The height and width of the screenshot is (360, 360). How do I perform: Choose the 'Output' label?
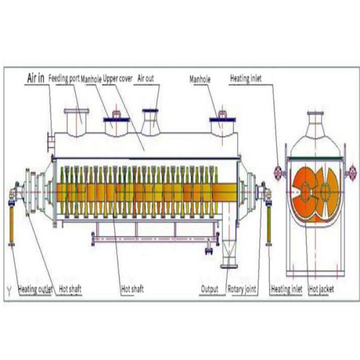click(209, 289)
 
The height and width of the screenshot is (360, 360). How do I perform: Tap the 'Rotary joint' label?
click(242, 289)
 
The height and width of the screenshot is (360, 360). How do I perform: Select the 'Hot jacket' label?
click(321, 289)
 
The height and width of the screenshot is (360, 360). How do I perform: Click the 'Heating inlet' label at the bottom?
click(286, 289)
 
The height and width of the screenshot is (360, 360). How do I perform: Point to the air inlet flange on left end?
click(48, 142)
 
